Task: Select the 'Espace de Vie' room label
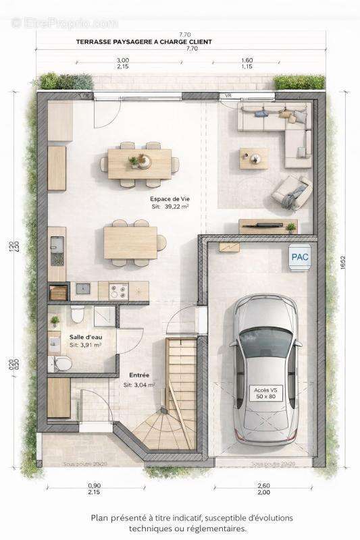pyautogui.click(x=170, y=199)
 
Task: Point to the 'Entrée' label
pyautogui.click(x=139, y=375)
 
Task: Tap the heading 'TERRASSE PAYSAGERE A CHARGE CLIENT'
pyautogui.click(x=144, y=42)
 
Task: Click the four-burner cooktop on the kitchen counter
pyautogui.click(x=118, y=291)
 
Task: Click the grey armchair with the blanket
pyautogui.click(x=292, y=193)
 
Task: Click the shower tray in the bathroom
pyautogui.click(x=104, y=315)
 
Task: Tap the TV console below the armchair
pyautogui.click(x=268, y=226)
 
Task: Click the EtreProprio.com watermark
pyautogui.click(x=64, y=23)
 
